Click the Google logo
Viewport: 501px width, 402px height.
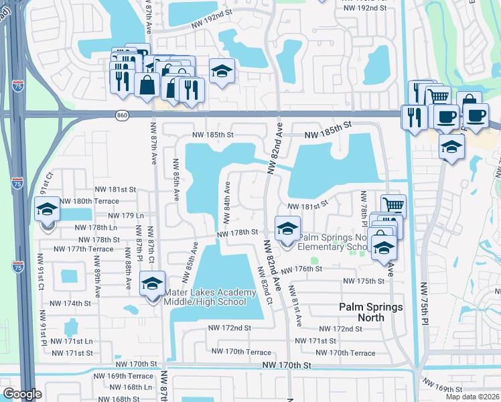click(21, 394)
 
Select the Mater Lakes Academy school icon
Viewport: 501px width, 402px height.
click(152, 284)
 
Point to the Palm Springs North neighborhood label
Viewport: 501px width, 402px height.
click(370, 312)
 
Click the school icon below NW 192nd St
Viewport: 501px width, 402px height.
click(221, 71)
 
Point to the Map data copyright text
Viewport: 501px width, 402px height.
click(473, 397)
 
